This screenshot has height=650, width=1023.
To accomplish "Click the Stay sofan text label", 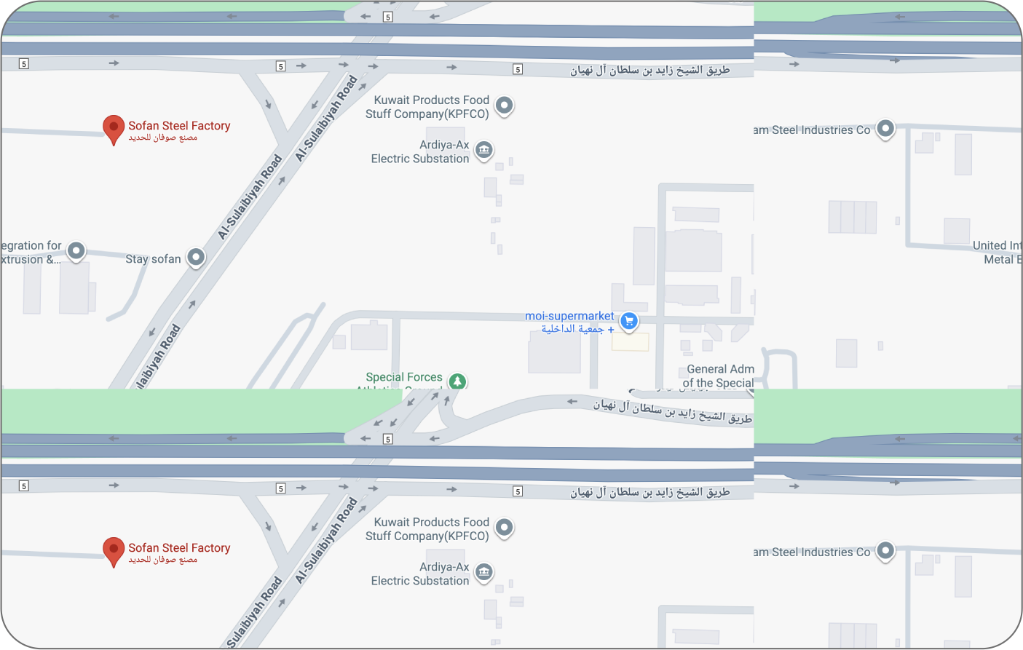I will [153, 259].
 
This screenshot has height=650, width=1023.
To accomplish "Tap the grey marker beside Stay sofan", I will [196, 257].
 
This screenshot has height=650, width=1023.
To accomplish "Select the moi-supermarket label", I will [569, 316].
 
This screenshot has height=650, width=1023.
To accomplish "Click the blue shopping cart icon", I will [629, 320].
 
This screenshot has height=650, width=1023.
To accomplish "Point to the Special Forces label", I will [404, 377].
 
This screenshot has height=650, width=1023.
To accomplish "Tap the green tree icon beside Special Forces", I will [457, 381].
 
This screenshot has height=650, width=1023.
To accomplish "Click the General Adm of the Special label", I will [719, 376].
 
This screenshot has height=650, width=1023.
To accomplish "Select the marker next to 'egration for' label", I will [76, 251].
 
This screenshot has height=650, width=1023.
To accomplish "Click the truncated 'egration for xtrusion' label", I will [31, 253].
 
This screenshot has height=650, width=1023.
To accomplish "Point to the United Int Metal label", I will [998, 253].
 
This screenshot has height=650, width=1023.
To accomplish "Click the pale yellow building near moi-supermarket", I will [630, 342].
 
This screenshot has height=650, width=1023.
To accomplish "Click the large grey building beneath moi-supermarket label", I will [554, 352].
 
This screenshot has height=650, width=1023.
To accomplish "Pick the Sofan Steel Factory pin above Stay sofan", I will [114, 128].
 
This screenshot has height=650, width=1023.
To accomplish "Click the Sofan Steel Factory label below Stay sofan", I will [179, 548].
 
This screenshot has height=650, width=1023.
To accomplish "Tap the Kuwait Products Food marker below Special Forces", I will [504, 527].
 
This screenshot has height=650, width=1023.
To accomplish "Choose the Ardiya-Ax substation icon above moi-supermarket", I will [483, 150].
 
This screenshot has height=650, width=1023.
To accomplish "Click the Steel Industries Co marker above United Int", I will [885, 129].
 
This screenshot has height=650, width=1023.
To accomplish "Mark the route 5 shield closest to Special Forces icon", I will [388, 439].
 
